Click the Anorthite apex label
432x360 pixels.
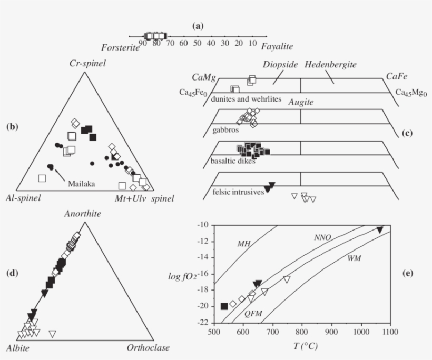[x=83, y=214]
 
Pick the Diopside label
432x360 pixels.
[x=281, y=65]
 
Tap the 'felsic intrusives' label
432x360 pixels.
[x=238, y=192]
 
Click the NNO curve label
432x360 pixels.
[x=322, y=237]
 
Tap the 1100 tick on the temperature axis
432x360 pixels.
[x=390, y=332]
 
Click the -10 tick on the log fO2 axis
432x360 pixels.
[x=202, y=225]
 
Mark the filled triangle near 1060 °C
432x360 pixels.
[x=380, y=230]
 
